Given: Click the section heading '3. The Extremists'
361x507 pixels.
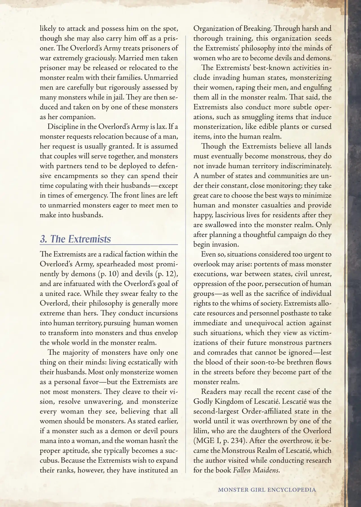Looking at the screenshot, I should pyautogui.click(x=75, y=239).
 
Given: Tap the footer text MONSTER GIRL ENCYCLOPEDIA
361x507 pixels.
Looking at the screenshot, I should pyautogui.click(x=267, y=489).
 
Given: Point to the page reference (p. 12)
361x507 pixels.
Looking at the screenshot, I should pyautogui.click(x=167, y=274).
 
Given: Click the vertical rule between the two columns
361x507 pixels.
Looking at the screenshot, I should pyautogui.click(x=186, y=254).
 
